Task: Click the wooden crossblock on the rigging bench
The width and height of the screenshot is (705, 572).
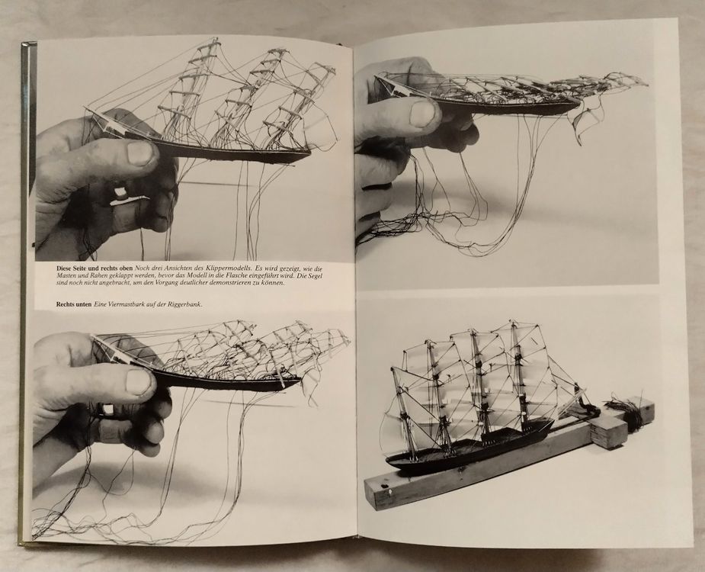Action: pyautogui.click(x=605, y=431)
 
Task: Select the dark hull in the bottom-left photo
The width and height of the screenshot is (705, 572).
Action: pyautogui.click(x=225, y=381)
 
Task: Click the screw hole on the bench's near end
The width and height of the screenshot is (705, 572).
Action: pyautogui.click(x=385, y=486)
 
